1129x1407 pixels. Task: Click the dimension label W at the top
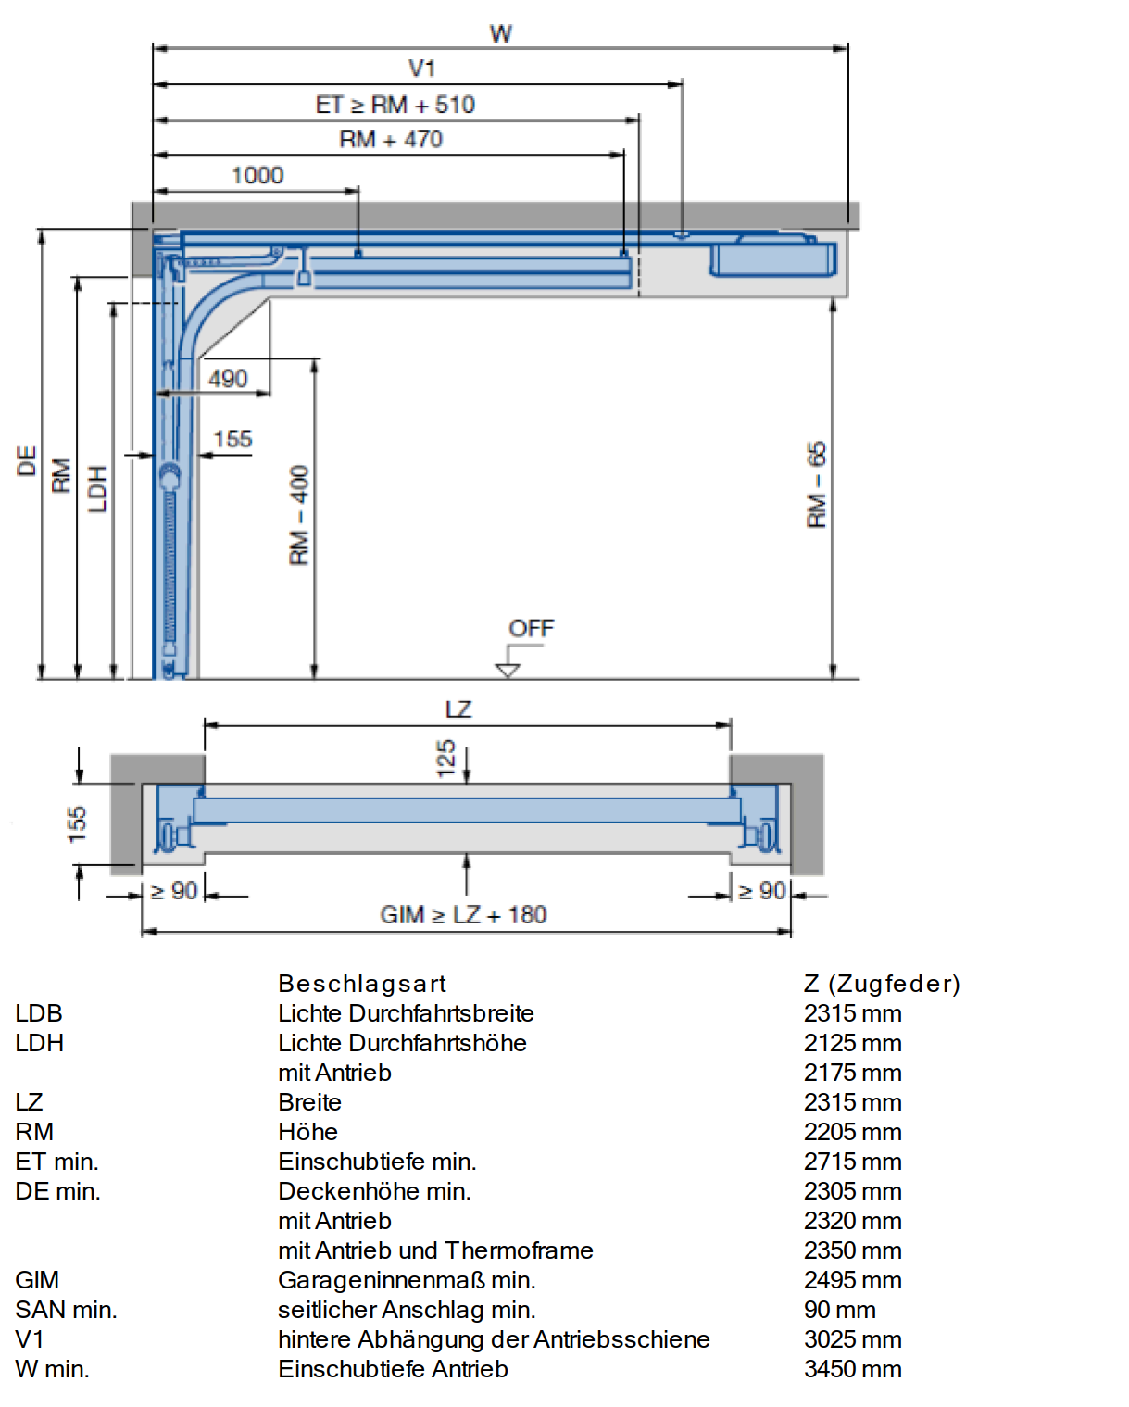501,33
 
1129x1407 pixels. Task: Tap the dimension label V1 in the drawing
421,68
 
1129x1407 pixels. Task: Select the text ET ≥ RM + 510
395,105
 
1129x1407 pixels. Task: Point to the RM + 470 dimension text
391,139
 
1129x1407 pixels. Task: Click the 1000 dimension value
257,175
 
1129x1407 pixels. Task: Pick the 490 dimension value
228,379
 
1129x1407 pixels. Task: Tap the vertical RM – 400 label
299,515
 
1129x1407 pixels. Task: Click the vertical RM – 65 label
817,484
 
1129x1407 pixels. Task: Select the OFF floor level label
531,628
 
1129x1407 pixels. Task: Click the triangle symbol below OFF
508,671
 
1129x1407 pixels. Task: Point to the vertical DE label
26,461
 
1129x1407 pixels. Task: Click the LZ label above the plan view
458,710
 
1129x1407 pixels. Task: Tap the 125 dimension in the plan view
445,759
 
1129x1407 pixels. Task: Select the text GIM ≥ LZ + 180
463,914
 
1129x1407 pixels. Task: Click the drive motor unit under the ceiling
772,257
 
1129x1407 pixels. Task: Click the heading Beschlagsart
361,984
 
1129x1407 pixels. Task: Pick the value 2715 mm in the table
852,1162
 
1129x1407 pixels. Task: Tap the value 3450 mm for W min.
852,1369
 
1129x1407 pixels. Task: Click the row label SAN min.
66,1310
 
